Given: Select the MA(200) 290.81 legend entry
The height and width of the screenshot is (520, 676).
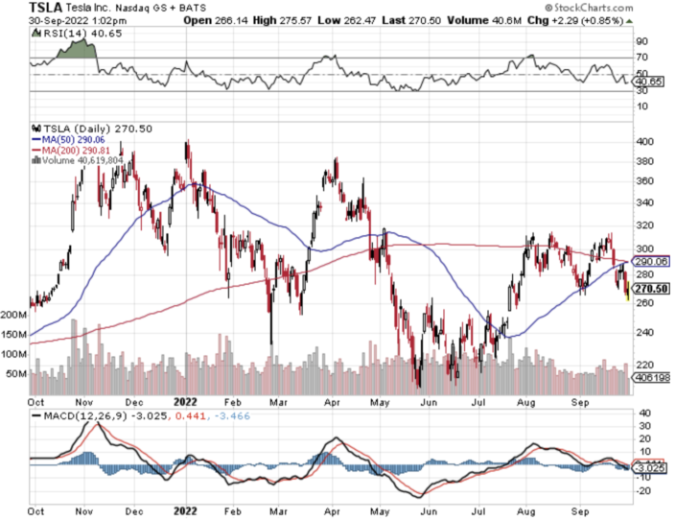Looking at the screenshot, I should (x=76, y=152).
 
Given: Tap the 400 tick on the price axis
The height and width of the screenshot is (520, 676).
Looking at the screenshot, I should (x=644, y=141).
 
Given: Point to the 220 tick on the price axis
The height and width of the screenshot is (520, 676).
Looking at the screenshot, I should (x=644, y=364).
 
